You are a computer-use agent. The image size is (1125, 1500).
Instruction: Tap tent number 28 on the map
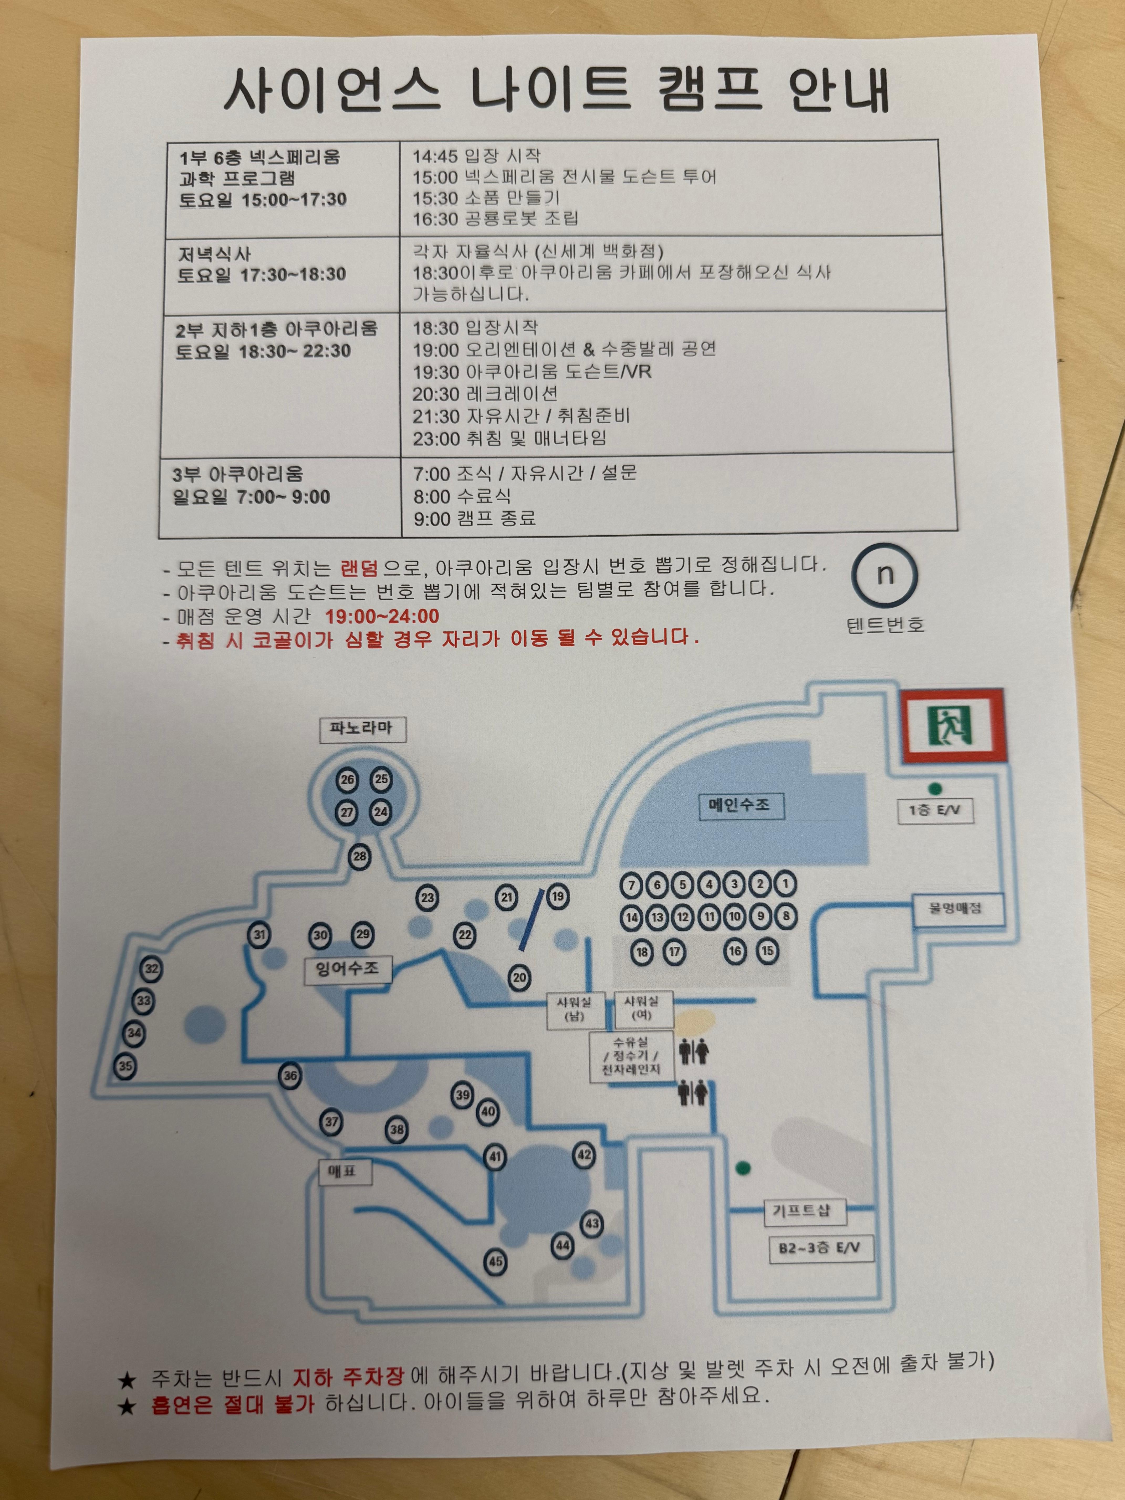(x=360, y=856)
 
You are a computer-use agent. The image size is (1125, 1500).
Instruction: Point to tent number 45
(x=496, y=1261)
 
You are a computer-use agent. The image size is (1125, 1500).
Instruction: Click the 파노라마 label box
(x=362, y=729)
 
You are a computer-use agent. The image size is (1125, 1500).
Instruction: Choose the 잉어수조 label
(x=347, y=968)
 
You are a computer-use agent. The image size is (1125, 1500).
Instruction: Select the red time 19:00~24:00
(x=382, y=616)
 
